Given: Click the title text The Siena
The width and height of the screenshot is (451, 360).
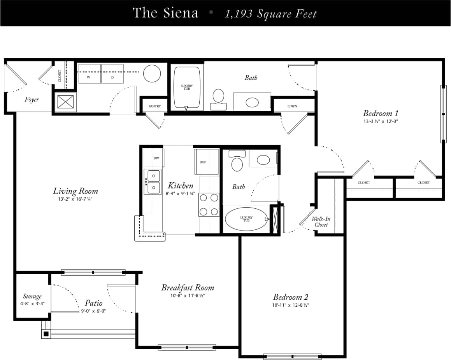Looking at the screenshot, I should coord(165,13).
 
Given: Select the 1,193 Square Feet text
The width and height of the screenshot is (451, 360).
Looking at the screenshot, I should coord(271,14).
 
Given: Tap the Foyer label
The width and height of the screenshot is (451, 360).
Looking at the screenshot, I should coord(32,100).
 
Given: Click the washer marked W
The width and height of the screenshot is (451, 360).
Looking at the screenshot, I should coord(89,74).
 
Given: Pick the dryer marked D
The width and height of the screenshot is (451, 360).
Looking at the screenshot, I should coord(112,74).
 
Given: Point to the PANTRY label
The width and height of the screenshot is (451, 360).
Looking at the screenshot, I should coord(154,106).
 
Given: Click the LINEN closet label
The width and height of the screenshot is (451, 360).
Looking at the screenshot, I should coord(292,106).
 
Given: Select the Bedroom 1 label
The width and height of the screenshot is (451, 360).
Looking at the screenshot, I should coord(380,114).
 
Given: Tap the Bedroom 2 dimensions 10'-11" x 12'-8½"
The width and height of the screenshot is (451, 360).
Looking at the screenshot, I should coord(291,305).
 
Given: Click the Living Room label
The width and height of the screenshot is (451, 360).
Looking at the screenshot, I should coord(75,191).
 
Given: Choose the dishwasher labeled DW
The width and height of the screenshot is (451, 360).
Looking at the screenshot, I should coord(156,158).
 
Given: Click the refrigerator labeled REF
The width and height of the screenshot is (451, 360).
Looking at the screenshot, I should coord(203,162).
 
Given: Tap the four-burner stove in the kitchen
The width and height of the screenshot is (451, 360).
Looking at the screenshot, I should coord(209,204).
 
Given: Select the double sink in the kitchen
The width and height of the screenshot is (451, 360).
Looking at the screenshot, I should coord(152,182).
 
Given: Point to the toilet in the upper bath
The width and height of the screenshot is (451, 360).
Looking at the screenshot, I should coord(218,97).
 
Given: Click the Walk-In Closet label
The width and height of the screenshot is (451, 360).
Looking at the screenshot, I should coord(321,222).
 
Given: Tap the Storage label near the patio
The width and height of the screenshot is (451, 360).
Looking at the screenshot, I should coord(32,296).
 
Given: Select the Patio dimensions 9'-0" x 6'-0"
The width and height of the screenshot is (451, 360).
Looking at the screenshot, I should coord(93,311).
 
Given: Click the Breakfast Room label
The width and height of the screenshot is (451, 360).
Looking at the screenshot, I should coord(188,288).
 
